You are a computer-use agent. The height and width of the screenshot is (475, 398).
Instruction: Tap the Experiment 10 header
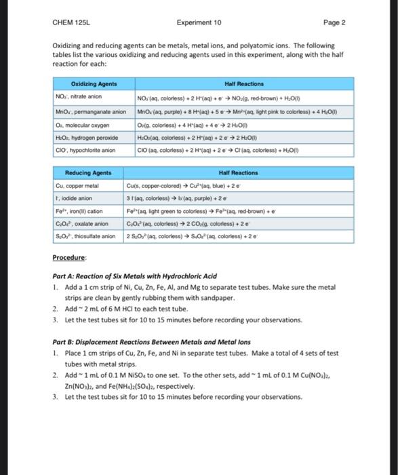coord(199,22)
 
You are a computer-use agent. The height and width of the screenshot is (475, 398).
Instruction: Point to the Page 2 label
coord(335,22)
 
